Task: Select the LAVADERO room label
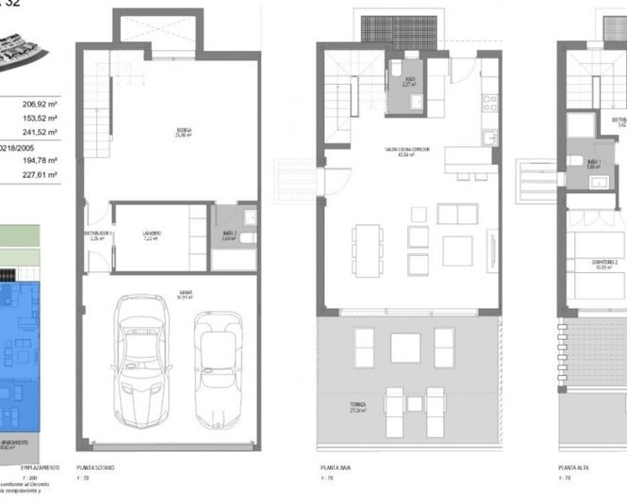tap(152, 234)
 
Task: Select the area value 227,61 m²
tap(39, 174)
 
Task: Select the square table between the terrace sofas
tap(405, 348)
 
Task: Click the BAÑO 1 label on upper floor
tap(594, 163)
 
